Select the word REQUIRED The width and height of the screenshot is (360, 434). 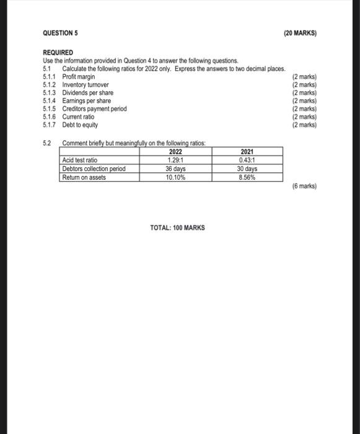pyautogui.click(x=58, y=53)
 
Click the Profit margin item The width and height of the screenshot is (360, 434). pyautogui.click(x=79, y=76)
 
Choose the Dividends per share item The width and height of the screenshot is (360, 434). pyautogui.click(x=88, y=92)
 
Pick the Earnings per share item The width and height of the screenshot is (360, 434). pyautogui.click(x=87, y=100)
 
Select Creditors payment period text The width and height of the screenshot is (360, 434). pyautogui.click(x=94, y=108)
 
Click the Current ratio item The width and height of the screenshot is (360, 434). pyautogui.click(x=78, y=117)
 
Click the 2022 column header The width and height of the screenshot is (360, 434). pyautogui.click(x=177, y=151)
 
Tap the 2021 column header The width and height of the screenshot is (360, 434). pyautogui.click(x=247, y=151)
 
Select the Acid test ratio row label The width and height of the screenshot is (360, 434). pyautogui.click(x=81, y=160)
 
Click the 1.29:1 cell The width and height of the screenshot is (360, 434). pyautogui.click(x=177, y=160)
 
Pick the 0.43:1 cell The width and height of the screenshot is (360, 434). pyautogui.click(x=247, y=160)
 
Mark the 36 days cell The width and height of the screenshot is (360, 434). pyautogui.click(x=177, y=169)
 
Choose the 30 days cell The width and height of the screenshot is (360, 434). pyautogui.click(x=247, y=169)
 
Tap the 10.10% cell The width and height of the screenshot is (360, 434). pyautogui.click(x=177, y=177)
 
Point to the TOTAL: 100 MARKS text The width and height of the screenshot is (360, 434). pyautogui.click(x=177, y=228)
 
